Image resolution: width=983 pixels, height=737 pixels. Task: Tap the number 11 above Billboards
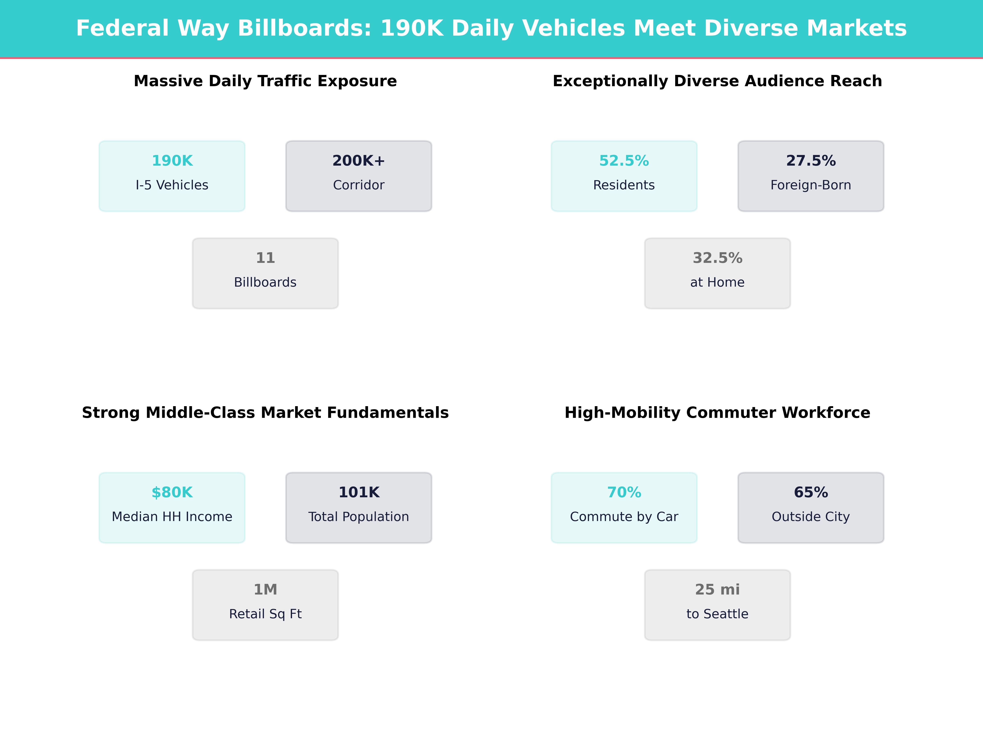[265, 258]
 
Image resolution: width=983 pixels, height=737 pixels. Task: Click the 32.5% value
[717, 258]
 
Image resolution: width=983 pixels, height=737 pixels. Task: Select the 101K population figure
[359, 492]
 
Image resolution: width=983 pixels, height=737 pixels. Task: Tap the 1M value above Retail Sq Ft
[265, 590]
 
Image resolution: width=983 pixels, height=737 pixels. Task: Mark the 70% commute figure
[624, 492]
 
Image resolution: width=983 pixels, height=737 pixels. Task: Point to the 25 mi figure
[717, 590]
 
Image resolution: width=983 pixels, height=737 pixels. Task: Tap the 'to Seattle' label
[717, 614]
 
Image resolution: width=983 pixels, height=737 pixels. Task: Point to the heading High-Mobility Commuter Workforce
[717, 413]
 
